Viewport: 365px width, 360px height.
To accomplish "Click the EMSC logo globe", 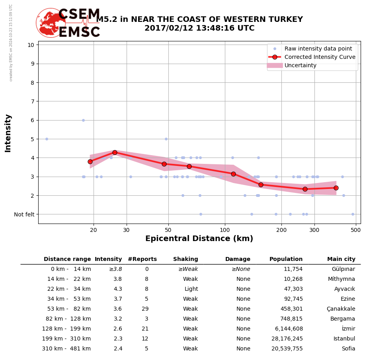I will pyautogui.click(x=51, y=23).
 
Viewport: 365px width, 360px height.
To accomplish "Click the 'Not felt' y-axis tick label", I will pyautogui.click(x=24, y=214).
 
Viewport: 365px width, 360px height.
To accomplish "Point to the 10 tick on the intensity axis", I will pyautogui.click(x=31, y=45).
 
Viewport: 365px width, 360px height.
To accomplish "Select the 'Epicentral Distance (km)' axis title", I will pyautogui.click(x=199, y=239).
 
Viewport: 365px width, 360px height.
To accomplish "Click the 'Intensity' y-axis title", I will pyautogui.click(x=8, y=133).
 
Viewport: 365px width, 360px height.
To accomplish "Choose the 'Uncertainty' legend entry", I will pyautogui.click(x=301, y=65).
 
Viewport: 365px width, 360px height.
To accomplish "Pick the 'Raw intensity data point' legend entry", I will pyautogui.click(x=318, y=49).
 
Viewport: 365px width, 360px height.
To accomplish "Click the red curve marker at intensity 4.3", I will pyautogui.click(x=115, y=152).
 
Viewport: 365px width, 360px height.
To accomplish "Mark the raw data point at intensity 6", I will pyautogui.click(x=83, y=120).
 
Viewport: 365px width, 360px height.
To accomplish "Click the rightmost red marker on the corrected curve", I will pyautogui.click(x=336, y=188).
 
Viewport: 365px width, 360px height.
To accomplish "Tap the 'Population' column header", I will pyautogui.click(x=286, y=259).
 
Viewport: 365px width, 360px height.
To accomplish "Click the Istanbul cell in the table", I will pyautogui.click(x=344, y=339).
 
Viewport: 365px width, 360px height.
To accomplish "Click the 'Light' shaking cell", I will pyautogui.click(x=191, y=289).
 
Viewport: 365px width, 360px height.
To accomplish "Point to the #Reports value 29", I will pyautogui.click(x=145, y=309).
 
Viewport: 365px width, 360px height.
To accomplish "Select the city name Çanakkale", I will pyautogui.click(x=341, y=309).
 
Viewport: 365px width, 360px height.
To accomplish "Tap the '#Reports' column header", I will pyautogui.click(x=142, y=259).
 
